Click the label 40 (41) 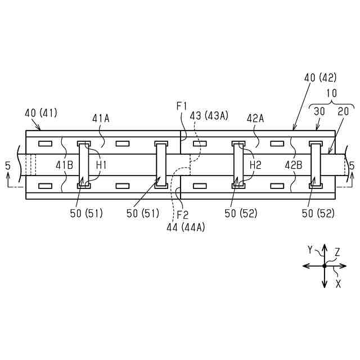click(41, 113)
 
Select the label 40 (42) click(321, 78)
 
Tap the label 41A click(101, 119)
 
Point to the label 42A click(255, 119)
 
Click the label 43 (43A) click(209, 116)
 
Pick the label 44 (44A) click(186, 227)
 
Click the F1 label click(182, 106)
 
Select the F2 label click(183, 215)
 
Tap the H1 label click(101, 165)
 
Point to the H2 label click(255, 165)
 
